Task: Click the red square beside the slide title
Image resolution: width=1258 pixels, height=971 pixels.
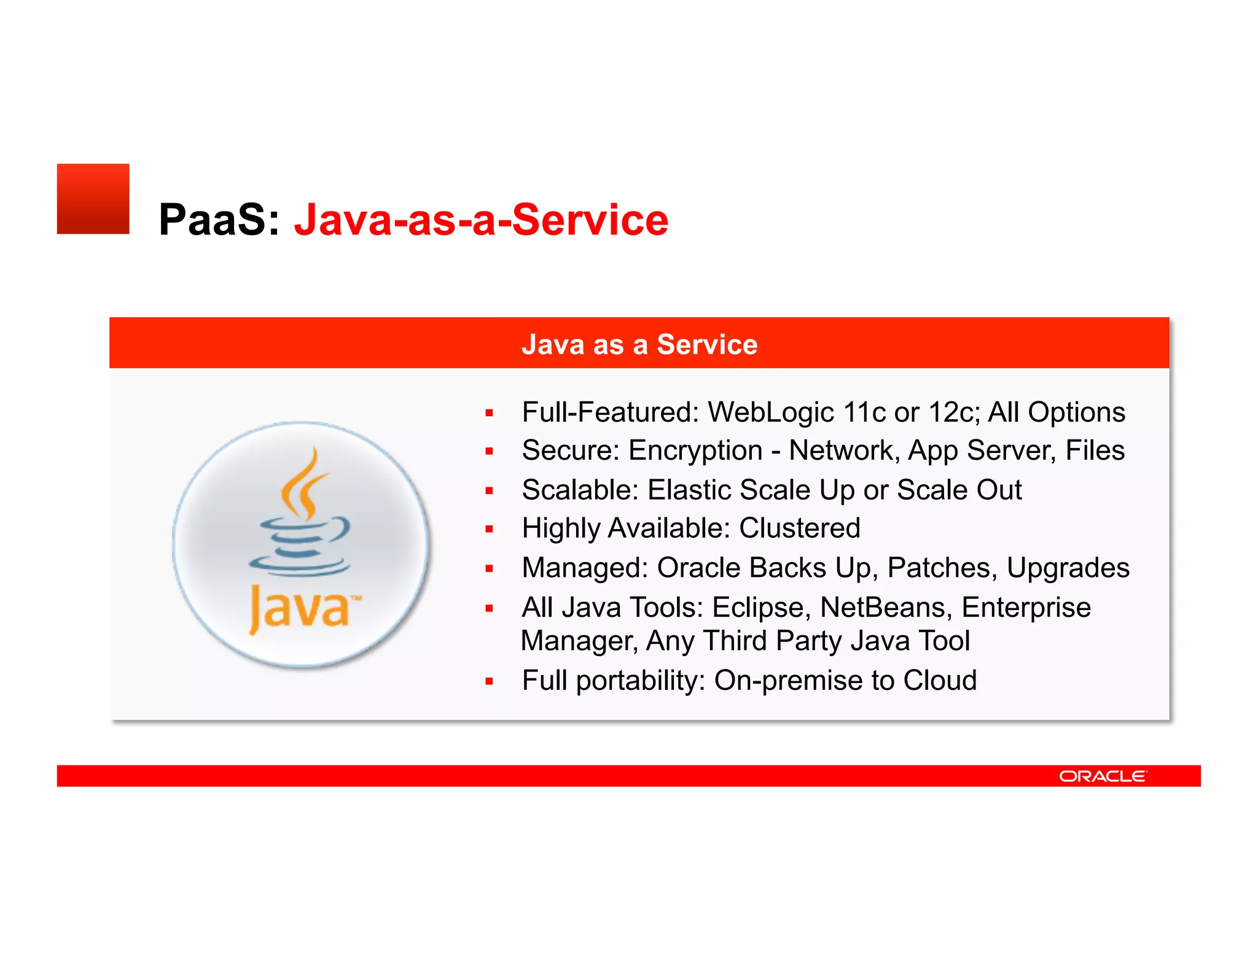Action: click(93, 199)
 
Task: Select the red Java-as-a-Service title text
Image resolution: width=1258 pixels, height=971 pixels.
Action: click(481, 220)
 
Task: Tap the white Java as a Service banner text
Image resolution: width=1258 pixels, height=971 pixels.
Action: click(639, 344)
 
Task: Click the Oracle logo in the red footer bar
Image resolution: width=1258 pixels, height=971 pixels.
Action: click(1102, 776)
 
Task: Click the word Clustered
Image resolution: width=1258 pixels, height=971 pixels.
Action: click(799, 528)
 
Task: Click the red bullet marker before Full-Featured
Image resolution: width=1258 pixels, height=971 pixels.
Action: click(489, 414)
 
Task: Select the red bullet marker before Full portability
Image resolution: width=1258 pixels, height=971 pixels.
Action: click(489, 681)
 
